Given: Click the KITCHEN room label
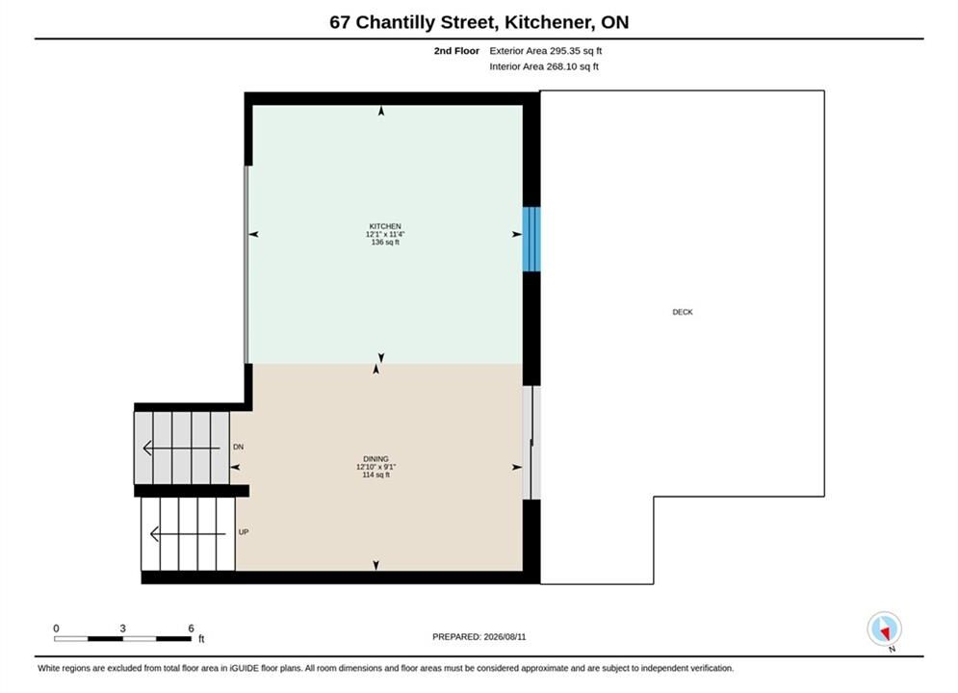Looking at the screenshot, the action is click(x=385, y=226).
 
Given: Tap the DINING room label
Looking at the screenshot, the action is click(x=375, y=458).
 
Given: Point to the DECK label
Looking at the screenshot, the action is click(x=683, y=312).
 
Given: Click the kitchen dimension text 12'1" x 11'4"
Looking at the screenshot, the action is click(x=385, y=234).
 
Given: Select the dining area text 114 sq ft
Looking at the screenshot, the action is click(x=375, y=475).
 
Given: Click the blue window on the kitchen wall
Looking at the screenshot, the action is click(x=531, y=239).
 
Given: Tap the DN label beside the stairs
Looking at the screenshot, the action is click(x=238, y=447).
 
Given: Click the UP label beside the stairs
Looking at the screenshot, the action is click(x=244, y=532).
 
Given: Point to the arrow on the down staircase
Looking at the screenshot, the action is click(x=181, y=449).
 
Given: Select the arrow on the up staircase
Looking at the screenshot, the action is click(x=188, y=533).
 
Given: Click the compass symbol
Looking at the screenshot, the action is click(x=884, y=629).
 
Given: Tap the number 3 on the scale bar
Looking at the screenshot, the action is click(x=123, y=629).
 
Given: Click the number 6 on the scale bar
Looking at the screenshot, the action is click(x=191, y=629).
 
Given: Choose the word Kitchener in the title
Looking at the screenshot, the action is click(x=548, y=22).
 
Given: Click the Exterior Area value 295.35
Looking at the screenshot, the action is click(x=564, y=51).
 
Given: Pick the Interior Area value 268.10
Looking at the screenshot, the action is click(x=561, y=66).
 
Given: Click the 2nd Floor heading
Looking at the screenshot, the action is click(x=456, y=51).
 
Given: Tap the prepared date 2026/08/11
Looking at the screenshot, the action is click(x=505, y=637).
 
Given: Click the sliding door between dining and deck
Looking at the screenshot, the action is click(x=531, y=443).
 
